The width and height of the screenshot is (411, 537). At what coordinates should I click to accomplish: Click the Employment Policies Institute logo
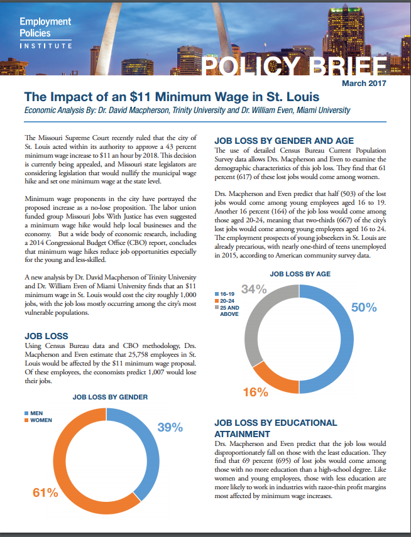(x=45, y=33)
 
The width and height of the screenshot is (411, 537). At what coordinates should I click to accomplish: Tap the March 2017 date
(x=364, y=84)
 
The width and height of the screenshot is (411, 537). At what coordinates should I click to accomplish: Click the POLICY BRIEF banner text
(x=293, y=65)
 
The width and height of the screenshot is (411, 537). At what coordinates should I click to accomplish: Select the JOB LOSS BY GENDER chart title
(x=110, y=398)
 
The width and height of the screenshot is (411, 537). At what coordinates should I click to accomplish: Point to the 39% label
(x=170, y=428)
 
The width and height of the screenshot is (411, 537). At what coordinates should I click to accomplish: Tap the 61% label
(x=45, y=493)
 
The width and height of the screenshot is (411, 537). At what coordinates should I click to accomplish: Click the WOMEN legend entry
(x=38, y=420)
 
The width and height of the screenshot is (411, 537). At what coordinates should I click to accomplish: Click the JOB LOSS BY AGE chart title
(x=300, y=274)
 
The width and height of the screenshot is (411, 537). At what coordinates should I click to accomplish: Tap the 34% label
(x=254, y=290)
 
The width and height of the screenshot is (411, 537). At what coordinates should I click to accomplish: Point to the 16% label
(x=256, y=392)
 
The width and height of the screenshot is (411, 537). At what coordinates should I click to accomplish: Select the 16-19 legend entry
(x=224, y=294)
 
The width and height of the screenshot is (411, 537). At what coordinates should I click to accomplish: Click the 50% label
(x=364, y=308)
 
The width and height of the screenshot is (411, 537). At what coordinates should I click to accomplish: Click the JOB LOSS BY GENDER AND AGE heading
(x=284, y=141)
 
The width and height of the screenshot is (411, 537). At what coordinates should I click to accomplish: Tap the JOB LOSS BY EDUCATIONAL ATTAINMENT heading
(x=276, y=428)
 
